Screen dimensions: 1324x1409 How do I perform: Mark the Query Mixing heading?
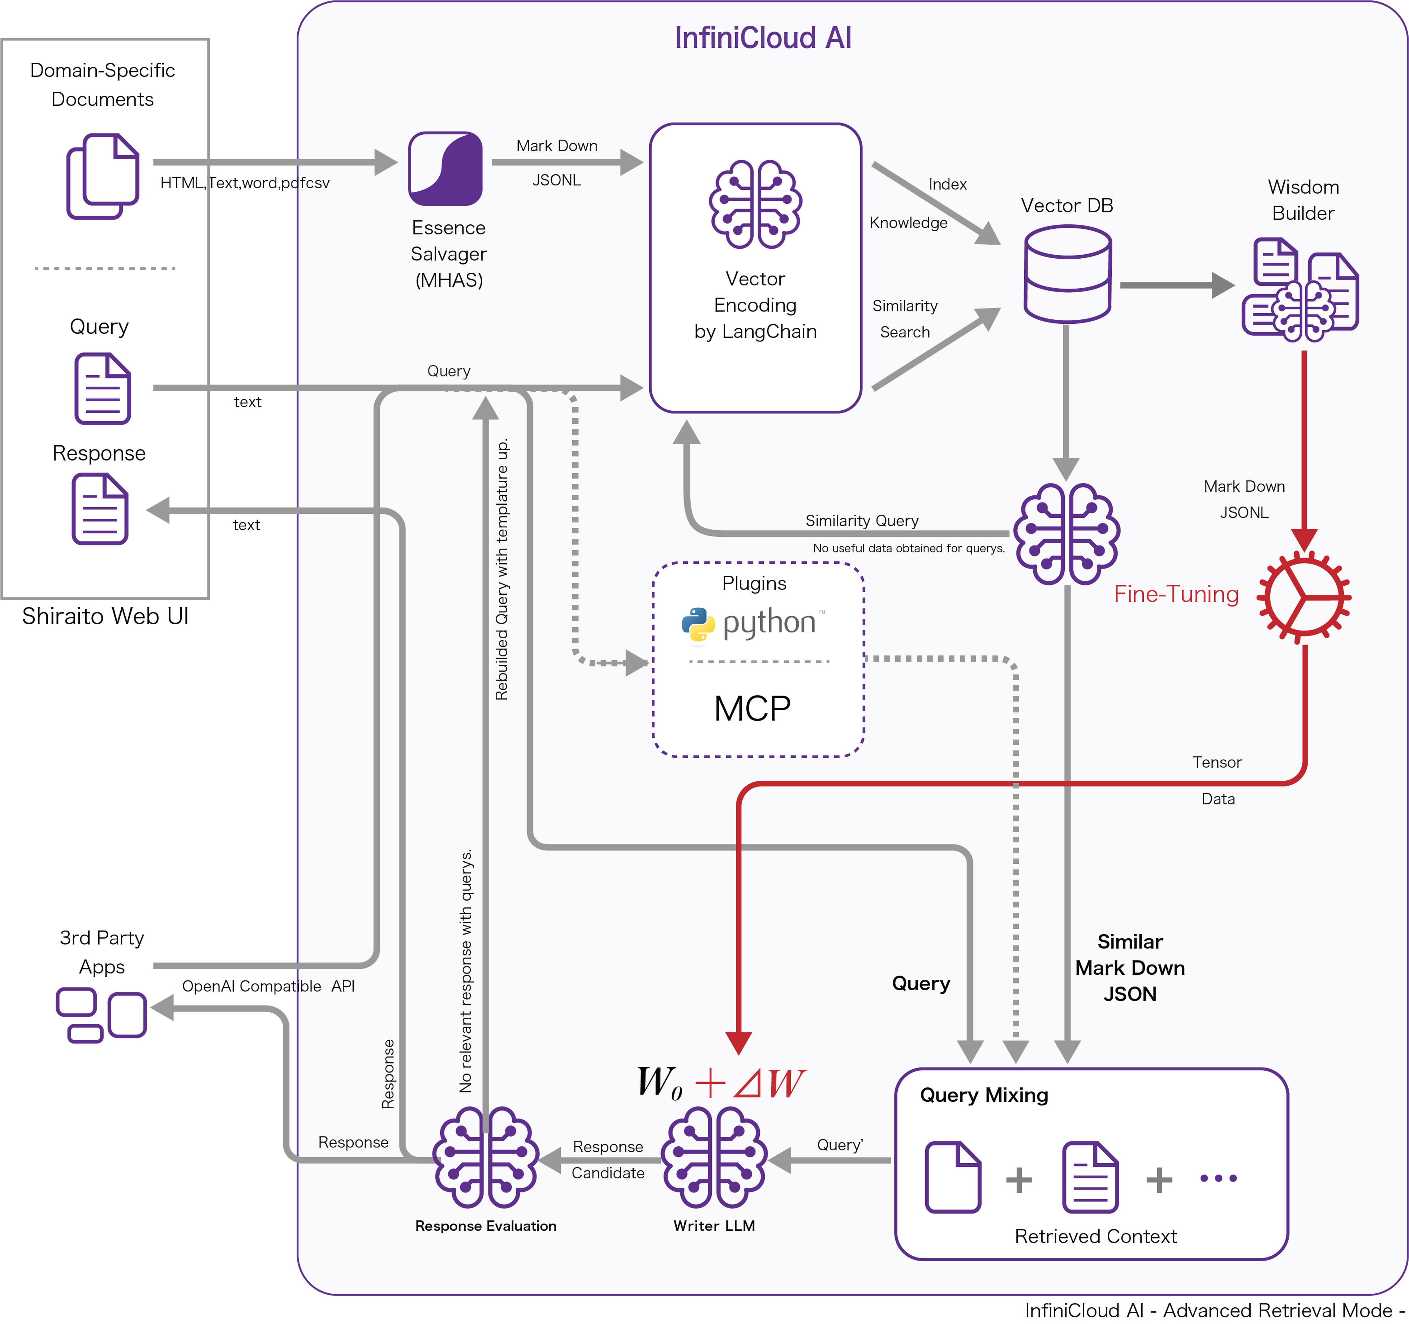point(984,1095)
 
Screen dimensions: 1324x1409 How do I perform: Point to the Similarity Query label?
point(862,521)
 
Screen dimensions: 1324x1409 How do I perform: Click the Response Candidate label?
point(608,1160)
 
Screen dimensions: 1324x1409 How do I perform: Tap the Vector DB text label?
point(1067,206)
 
